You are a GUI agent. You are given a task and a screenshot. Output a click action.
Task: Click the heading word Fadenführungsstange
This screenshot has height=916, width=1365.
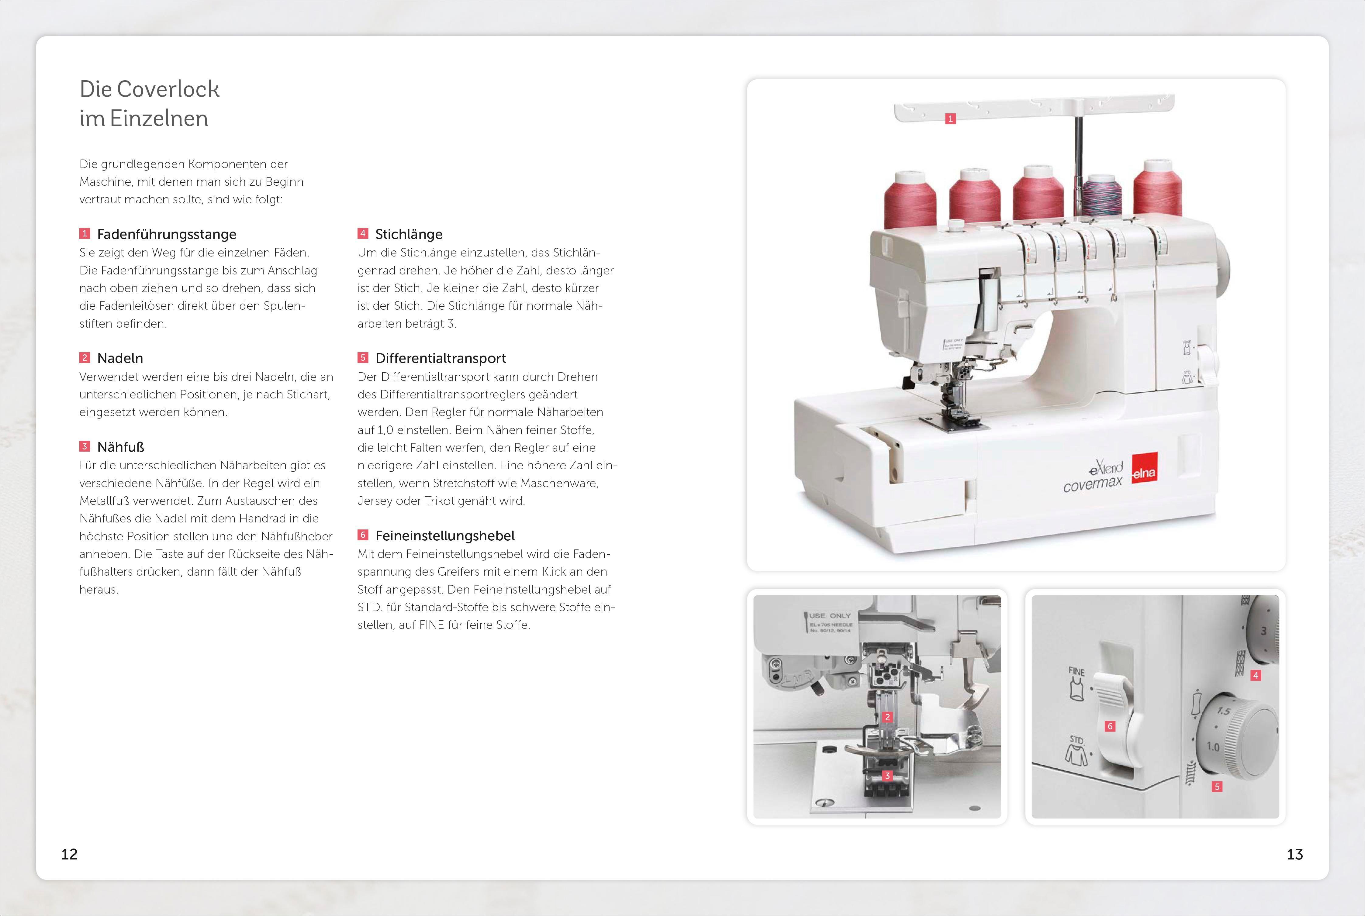[167, 234]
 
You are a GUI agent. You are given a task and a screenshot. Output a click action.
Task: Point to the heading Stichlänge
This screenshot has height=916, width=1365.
[409, 234]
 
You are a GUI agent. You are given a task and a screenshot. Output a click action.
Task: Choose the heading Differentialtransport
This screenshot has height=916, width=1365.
[441, 358]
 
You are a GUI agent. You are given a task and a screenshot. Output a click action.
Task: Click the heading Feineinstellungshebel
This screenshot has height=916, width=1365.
[445, 536]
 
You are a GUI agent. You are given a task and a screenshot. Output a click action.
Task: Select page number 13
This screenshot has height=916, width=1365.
[1295, 854]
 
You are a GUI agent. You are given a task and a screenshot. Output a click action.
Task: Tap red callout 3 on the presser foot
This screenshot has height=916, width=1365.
[887, 776]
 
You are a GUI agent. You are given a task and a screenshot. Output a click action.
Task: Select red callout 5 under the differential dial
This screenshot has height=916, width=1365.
[1217, 786]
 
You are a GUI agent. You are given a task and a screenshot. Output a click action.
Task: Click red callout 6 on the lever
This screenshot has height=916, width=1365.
[1110, 726]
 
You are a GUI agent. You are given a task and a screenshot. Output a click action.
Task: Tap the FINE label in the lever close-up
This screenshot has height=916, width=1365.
[1076, 672]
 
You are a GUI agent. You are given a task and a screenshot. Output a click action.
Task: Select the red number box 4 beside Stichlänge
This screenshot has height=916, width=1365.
[363, 234]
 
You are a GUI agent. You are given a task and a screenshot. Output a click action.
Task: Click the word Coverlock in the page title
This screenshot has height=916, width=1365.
[168, 89]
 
